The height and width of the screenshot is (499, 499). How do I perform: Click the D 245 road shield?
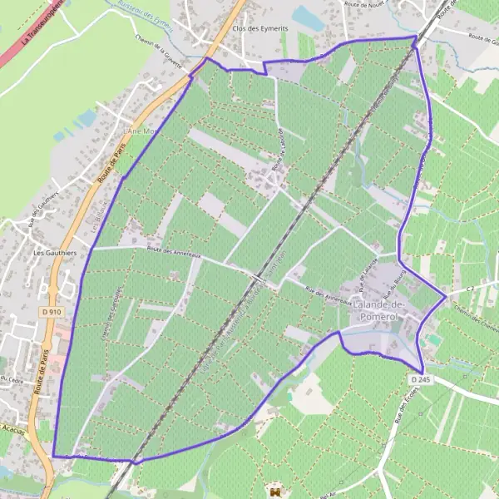[421, 378]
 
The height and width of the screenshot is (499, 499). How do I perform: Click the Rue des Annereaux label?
[326, 295]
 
